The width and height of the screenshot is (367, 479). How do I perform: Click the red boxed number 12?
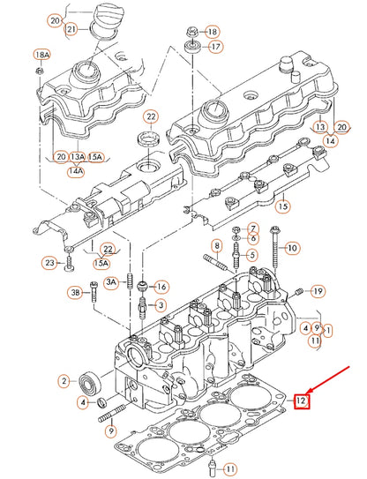[303, 401]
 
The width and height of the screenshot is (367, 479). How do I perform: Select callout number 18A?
[41, 55]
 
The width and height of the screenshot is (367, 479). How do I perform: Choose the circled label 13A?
[78, 157]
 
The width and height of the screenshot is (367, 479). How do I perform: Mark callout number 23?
[50, 263]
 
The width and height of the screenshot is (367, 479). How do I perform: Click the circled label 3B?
[76, 292]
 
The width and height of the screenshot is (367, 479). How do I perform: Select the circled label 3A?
[112, 281]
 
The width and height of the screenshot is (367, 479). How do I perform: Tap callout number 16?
[161, 287]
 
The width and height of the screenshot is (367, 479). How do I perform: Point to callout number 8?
[216, 244]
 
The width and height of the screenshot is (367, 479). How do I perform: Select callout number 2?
[64, 381]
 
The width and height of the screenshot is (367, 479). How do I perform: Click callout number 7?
[252, 228]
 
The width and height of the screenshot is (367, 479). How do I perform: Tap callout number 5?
[251, 256]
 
